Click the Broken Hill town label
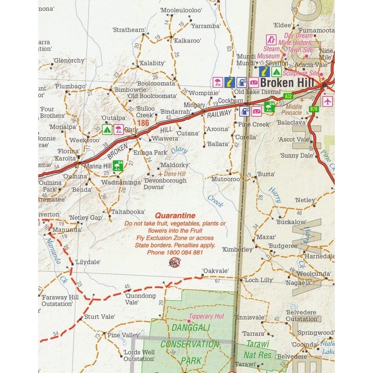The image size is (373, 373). (x=284, y=83)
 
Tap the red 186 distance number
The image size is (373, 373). (x=143, y=123)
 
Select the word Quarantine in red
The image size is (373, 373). (x=175, y=215)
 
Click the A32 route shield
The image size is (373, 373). (x=289, y=97)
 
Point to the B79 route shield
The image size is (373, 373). (x=313, y=109)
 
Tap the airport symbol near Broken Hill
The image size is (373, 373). (x=328, y=101)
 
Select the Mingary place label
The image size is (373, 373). (x=194, y=105)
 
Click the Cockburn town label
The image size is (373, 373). (x=230, y=100)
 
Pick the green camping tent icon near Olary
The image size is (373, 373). (x=107, y=130)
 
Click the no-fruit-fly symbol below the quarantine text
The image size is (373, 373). (x=174, y=264)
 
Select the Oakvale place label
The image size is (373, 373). (x=215, y=271)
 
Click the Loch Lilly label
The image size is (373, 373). (x=258, y=280)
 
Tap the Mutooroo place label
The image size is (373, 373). (x=225, y=179)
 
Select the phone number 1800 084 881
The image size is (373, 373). (x=175, y=252)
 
